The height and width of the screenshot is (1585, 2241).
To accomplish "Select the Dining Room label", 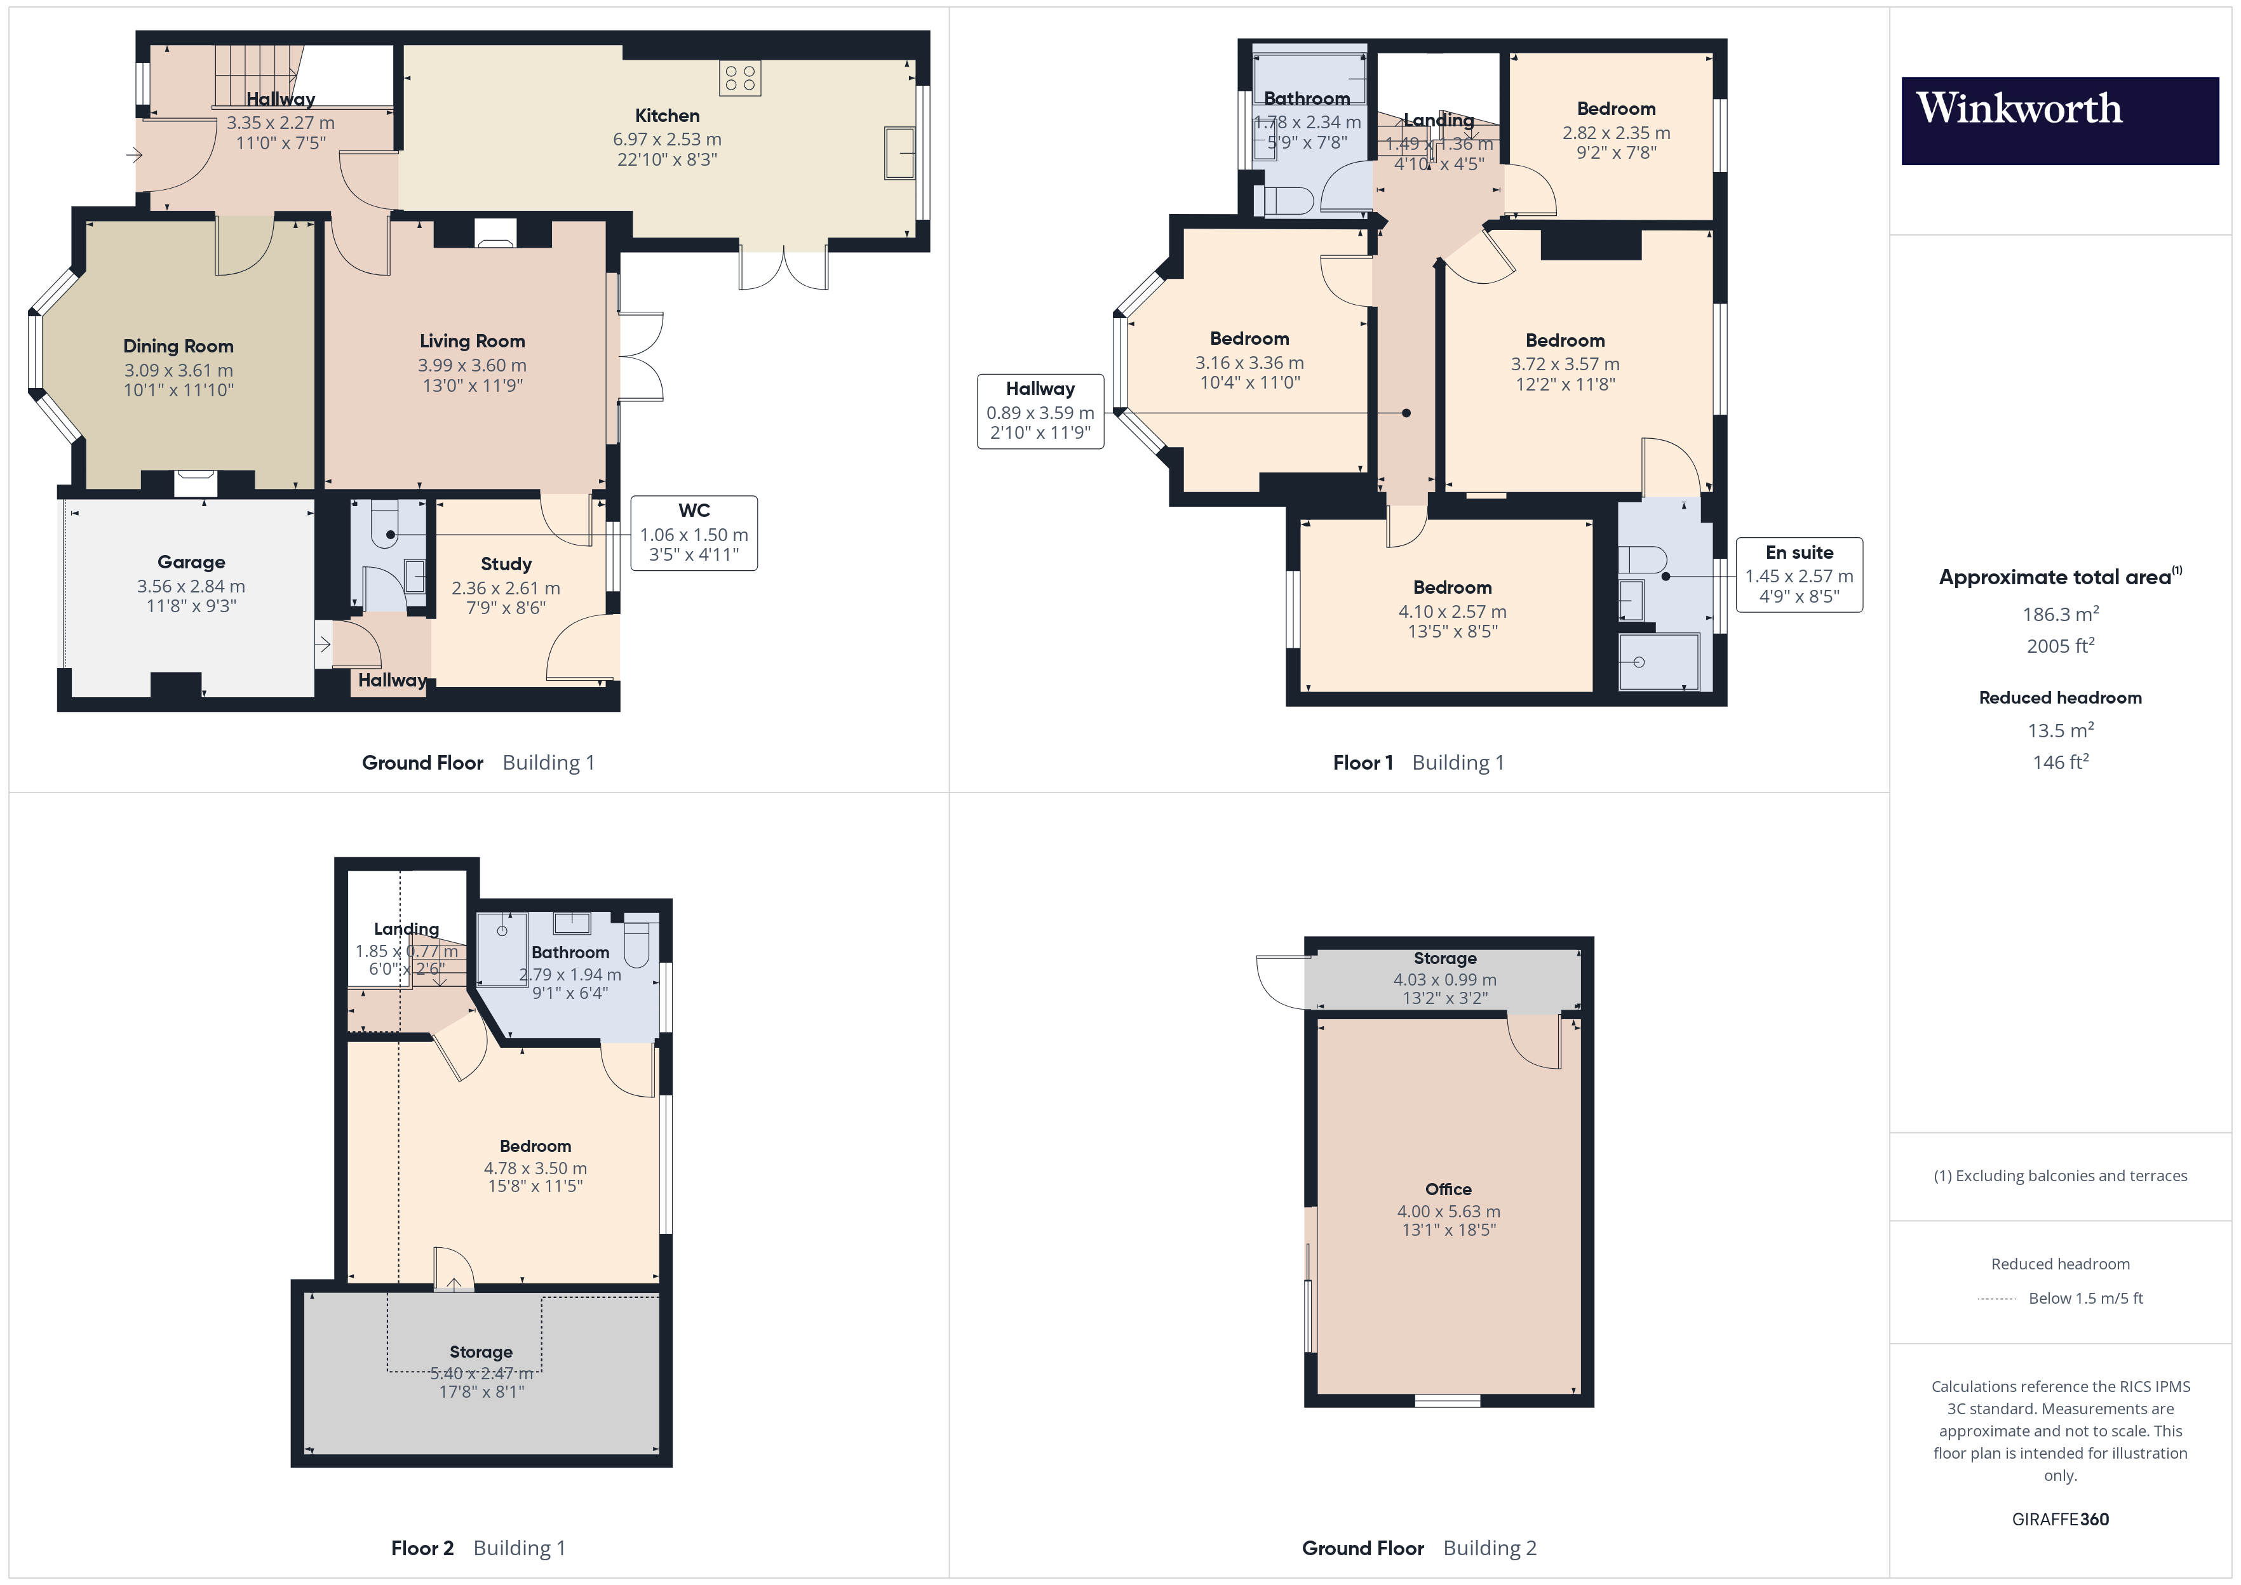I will (x=178, y=347).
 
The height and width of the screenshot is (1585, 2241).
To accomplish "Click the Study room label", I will (x=506, y=564).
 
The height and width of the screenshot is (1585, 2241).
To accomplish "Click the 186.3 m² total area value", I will (x=2059, y=615).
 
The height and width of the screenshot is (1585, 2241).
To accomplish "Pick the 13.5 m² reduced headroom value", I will (x=2059, y=731).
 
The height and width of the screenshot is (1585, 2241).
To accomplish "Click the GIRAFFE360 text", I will (x=2059, y=1520).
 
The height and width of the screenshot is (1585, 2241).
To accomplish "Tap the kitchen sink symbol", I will (x=899, y=152).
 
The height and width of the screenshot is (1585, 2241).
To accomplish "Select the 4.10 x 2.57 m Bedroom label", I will (x=1451, y=587).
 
